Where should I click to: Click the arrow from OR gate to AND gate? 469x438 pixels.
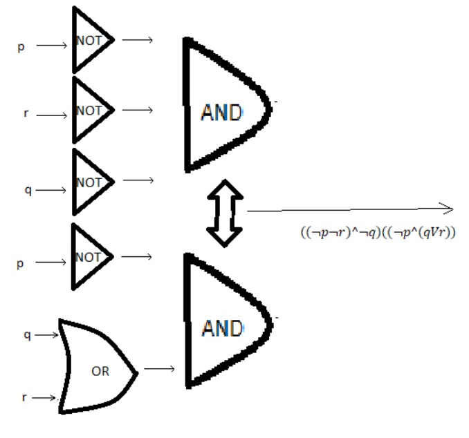coord(160,368)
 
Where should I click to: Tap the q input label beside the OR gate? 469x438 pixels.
coord(27,334)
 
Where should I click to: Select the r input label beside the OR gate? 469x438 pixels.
coord(26,397)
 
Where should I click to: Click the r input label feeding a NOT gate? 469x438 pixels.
coord(26,113)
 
